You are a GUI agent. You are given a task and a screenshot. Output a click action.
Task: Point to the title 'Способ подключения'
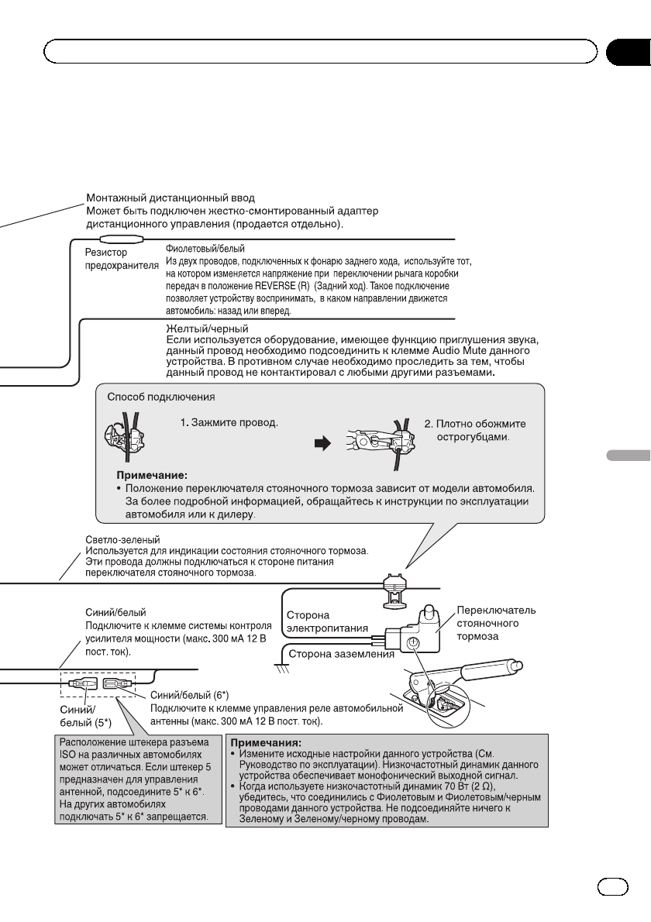pyautogui.click(x=160, y=396)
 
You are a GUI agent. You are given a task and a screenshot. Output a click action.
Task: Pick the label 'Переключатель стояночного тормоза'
pyautogui.click(x=495, y=622)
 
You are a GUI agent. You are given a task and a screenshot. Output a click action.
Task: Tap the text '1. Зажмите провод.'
pyautogui.click(x=229, y=425)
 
